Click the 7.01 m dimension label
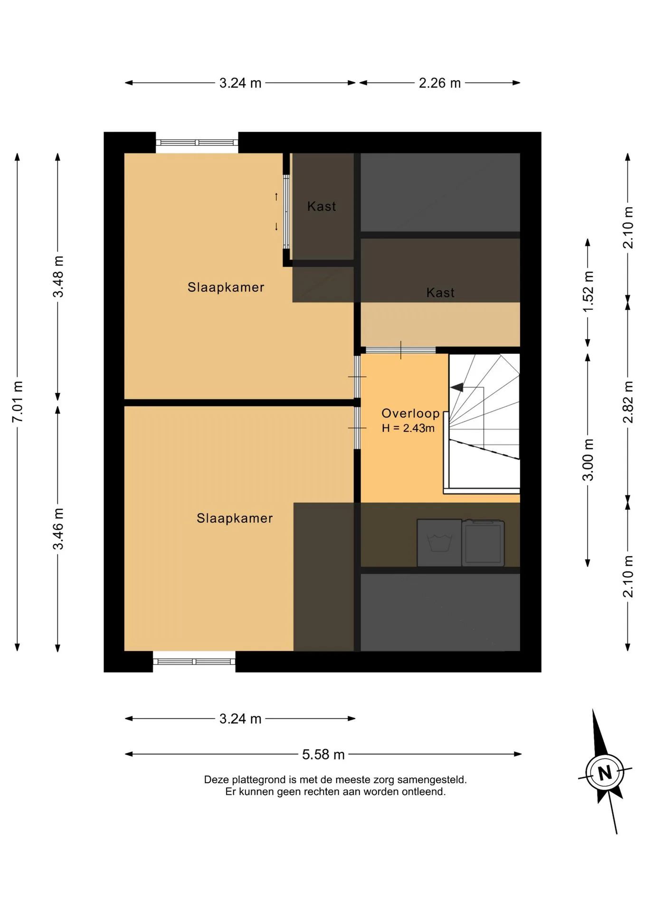coord(17,401)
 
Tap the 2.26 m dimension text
coord(440,83)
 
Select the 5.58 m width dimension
coord(323,754)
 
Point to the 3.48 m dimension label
coord(58,276)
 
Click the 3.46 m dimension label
coord(58,529)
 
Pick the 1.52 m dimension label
coord(588,292)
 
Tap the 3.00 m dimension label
coord(588,460)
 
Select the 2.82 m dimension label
coord(628,402)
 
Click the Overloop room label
coord(411,413)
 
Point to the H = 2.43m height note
coord(408,428)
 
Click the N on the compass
coord(605,773)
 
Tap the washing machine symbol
coord(439,542)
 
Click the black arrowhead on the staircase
coord(457,388)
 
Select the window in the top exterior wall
coord(197,142)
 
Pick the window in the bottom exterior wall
coord(194,662)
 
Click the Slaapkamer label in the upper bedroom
coord(226,287)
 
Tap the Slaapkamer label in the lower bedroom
coord(235,518)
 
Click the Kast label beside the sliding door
coord(322,206)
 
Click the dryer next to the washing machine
coord(483,542)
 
